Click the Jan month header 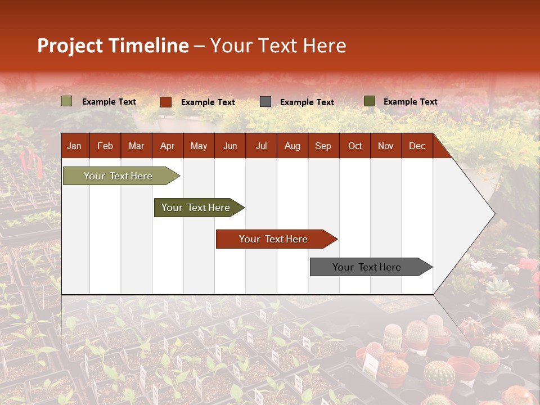[x=74, y=146]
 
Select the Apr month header [x=167, y=146]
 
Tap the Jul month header [x=261, y=146]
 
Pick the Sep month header [x=323, y=146]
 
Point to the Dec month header [x=417, y=146]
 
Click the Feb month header [x=105, y=146]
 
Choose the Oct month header [x=355, y=146]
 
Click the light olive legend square [x=67, y=101]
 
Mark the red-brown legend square [x=166, y=102]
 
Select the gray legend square [x=265, y=102]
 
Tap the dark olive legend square [x=370, y=101]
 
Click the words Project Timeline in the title [x=112, y=46]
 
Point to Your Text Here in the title [x=278, y=46]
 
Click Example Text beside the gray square [x=307, y=102]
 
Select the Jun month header [x=230, y=146]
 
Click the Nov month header [x=386, y=146]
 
